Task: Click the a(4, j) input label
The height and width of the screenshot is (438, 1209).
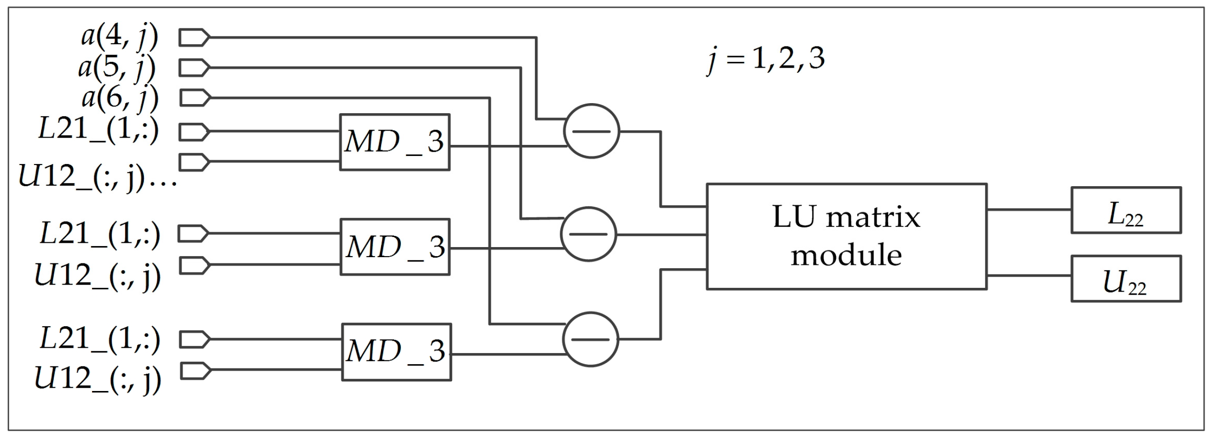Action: (119, 36)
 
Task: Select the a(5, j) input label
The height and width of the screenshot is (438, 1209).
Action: (117, 67)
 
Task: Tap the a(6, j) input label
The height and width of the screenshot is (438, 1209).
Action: (120, 98)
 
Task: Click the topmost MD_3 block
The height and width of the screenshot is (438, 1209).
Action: (395, 142)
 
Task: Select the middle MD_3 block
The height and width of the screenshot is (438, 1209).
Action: (395, 247)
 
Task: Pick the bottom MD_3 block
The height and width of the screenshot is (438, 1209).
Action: (396, 352)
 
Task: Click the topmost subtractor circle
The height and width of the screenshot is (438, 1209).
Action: (591, 131)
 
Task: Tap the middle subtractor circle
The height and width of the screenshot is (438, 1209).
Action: (588, 234)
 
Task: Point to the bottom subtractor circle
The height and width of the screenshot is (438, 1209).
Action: (590, 339)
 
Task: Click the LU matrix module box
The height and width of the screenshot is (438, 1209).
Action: (846, 236)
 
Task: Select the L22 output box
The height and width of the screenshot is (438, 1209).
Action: (1126, 210)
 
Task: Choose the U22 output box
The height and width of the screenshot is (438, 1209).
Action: (1126, 279)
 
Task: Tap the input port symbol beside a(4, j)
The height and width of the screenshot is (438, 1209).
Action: (194, 37)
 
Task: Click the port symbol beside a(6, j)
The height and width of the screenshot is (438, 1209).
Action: (195, 98)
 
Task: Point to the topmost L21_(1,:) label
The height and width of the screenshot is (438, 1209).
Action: (98, 130)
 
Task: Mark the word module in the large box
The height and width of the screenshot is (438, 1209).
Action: (846, 255)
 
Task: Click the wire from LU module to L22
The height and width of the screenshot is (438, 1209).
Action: (1029, 210)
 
